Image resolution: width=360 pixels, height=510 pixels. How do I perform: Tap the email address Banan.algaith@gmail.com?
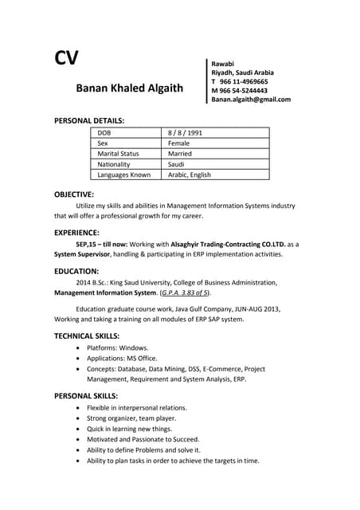(x=250, y=100)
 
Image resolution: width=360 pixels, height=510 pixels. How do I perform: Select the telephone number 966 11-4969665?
(x=244, y=81)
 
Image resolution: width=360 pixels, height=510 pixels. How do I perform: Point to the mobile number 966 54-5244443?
(x=244, y=91)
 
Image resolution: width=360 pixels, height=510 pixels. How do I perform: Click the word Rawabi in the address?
(x=222, y=63)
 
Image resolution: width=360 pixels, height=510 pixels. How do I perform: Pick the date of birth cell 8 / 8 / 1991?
(x=186, y=132)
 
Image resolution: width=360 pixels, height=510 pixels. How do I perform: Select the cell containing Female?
(x=181, y=143)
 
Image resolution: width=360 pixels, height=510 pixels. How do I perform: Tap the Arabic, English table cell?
(x=190, y=175)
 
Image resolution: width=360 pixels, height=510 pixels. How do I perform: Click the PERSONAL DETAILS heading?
(x=88, y=120)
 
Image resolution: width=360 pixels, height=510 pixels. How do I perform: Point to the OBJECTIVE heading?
(x=74, y=194)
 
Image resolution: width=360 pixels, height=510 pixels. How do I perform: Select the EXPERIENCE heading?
(x=76, y=233)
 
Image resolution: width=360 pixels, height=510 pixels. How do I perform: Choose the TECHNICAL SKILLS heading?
(x=87, y=335)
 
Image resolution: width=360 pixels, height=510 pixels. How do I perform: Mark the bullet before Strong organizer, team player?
(x=76, y=418)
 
